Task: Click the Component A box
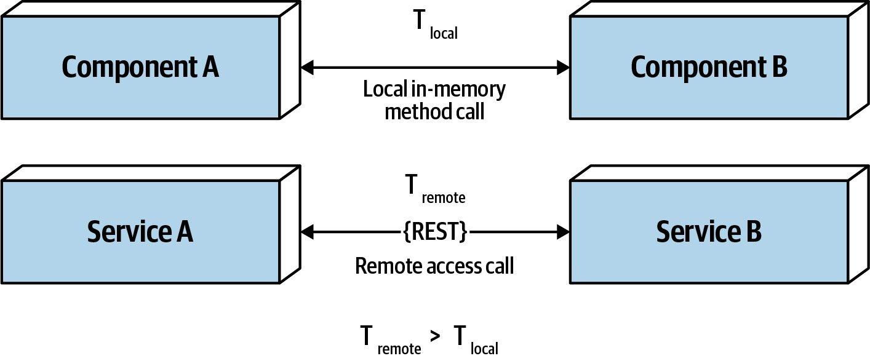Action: (140, 67)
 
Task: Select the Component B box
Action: (709, 67)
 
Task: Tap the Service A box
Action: (140, 232)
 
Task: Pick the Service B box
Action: (709, 232)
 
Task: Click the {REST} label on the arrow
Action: (434, 232)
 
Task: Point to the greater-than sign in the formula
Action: (436, 338)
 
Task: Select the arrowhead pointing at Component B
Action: (563, 68)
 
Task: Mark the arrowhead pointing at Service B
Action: (563, 232)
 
